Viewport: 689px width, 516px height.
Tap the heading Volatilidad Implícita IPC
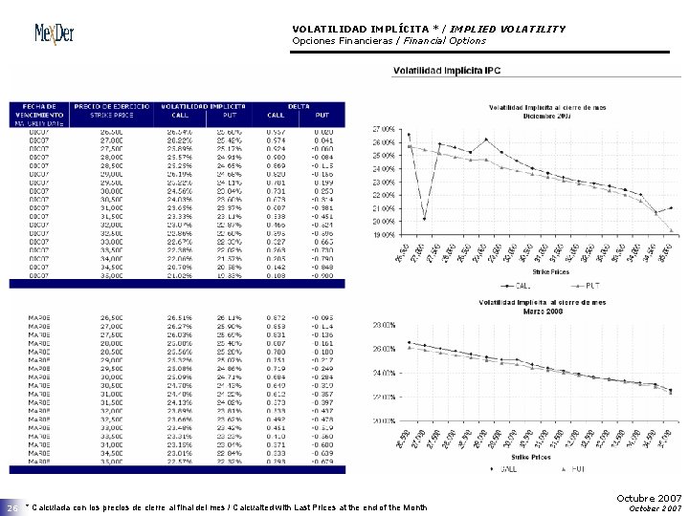coord(451,71)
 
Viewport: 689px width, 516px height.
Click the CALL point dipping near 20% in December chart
coord(424,220)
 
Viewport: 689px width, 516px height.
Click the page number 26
coord(11,507)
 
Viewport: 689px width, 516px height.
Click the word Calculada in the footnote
coord(54,506)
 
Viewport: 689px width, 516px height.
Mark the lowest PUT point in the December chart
coord(672,230)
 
